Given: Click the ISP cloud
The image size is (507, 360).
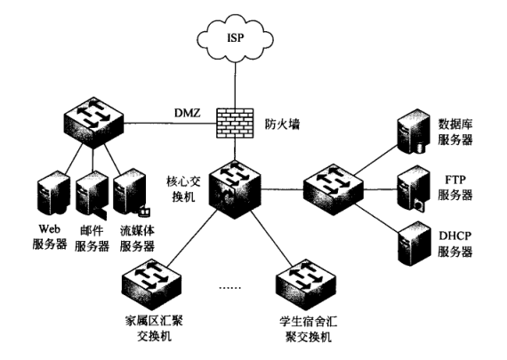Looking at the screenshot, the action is point(236,38).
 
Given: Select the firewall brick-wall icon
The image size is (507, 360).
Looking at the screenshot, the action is point(235,124).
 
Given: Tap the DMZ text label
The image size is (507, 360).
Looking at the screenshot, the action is point(188,113).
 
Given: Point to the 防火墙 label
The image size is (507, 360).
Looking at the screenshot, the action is point(282,124).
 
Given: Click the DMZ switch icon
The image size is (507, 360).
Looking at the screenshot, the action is point(93,123).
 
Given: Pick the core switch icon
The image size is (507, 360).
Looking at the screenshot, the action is point(235,189).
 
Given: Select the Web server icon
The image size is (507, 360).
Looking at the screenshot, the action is point(53,195).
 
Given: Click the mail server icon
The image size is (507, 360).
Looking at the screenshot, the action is point(92,195).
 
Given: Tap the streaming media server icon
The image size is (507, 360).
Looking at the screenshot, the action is point(131,195).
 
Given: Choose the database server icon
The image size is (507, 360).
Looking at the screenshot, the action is point(414,132).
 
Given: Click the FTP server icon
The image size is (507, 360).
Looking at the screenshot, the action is point(414,189).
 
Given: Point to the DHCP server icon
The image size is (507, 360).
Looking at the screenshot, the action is point(414,244).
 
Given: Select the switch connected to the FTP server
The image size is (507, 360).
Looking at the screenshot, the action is point(334,189).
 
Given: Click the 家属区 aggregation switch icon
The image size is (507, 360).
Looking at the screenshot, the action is point(151,284).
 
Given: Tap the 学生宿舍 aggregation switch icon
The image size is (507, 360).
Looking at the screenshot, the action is point(306,284).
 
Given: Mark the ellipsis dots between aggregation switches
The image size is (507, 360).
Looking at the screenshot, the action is point(229,287).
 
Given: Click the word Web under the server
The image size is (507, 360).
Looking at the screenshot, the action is point(50,229).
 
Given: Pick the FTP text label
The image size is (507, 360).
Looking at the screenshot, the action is point(455,180).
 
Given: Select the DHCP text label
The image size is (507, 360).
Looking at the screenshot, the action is point(455,236).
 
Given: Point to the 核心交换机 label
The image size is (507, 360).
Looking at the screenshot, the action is point(183,189).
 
